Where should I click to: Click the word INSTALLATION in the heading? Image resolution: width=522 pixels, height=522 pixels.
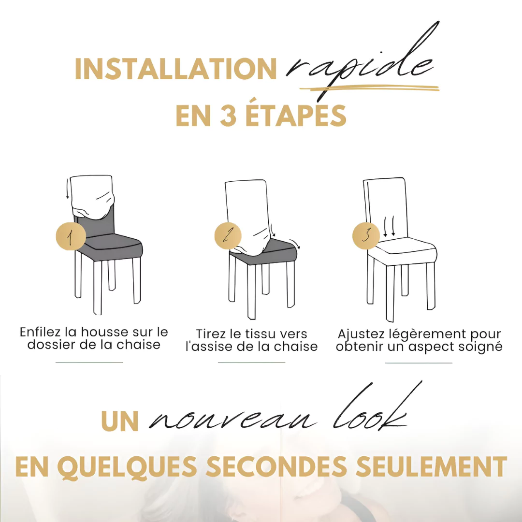tap(175, 69)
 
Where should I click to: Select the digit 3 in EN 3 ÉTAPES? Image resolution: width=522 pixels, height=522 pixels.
tap(228, 116)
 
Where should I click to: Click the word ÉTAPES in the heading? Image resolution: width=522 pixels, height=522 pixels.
tap(295, 116)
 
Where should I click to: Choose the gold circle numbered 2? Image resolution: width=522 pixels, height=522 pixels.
tap(228, 236)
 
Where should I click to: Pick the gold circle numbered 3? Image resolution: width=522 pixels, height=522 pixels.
tap(366, 236)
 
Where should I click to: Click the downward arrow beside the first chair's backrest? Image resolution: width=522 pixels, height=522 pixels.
tap(68, 191)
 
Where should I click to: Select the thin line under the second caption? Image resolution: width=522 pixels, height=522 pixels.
tap(251, 362)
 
